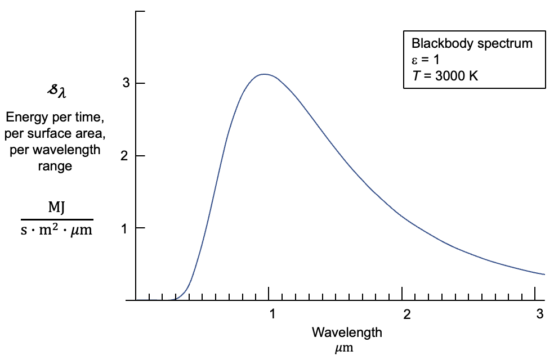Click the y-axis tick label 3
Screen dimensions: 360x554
pos(126,83)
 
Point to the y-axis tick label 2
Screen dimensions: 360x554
pos(126,156)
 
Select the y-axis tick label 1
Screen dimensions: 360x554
pos(126,228)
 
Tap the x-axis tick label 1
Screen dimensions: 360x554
pos(272,314)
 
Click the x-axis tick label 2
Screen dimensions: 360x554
pos(405,314)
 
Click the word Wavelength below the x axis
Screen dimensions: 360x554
pos(347,332)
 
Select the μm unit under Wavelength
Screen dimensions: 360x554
pos(344,348)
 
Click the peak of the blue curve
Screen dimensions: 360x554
pos(263,74)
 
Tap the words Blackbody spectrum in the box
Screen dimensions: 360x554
pos(472,44)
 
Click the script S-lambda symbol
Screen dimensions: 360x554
pos(56,91)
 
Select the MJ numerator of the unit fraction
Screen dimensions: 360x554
pos(56,207)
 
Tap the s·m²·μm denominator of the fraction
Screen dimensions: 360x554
pos(56,230)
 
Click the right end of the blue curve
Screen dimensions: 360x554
pos(544,274)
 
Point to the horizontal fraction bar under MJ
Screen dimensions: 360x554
pos(56,219)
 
